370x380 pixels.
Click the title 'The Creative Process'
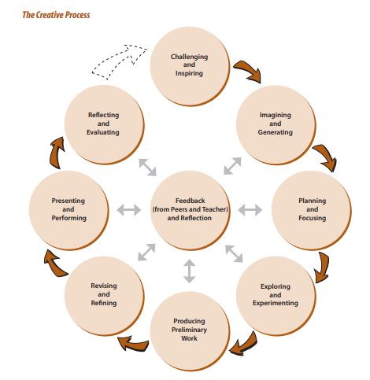56,15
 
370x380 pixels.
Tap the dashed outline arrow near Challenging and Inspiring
120,61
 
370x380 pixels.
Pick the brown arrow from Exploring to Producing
244,345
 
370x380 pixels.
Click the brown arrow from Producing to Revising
132,344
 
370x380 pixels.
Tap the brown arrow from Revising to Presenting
54,264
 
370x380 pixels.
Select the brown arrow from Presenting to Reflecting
57,153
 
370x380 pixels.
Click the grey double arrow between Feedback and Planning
250,210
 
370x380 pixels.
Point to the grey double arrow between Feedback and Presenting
129,210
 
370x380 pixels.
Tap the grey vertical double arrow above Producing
189,271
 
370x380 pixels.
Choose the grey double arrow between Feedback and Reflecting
147,167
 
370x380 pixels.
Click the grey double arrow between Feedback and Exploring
234,253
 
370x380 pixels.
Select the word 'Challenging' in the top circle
189,57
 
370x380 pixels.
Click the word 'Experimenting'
276,303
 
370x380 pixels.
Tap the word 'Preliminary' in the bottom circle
189,330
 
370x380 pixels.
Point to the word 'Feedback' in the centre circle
190,201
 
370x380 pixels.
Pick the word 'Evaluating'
103,132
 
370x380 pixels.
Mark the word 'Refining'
104,303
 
